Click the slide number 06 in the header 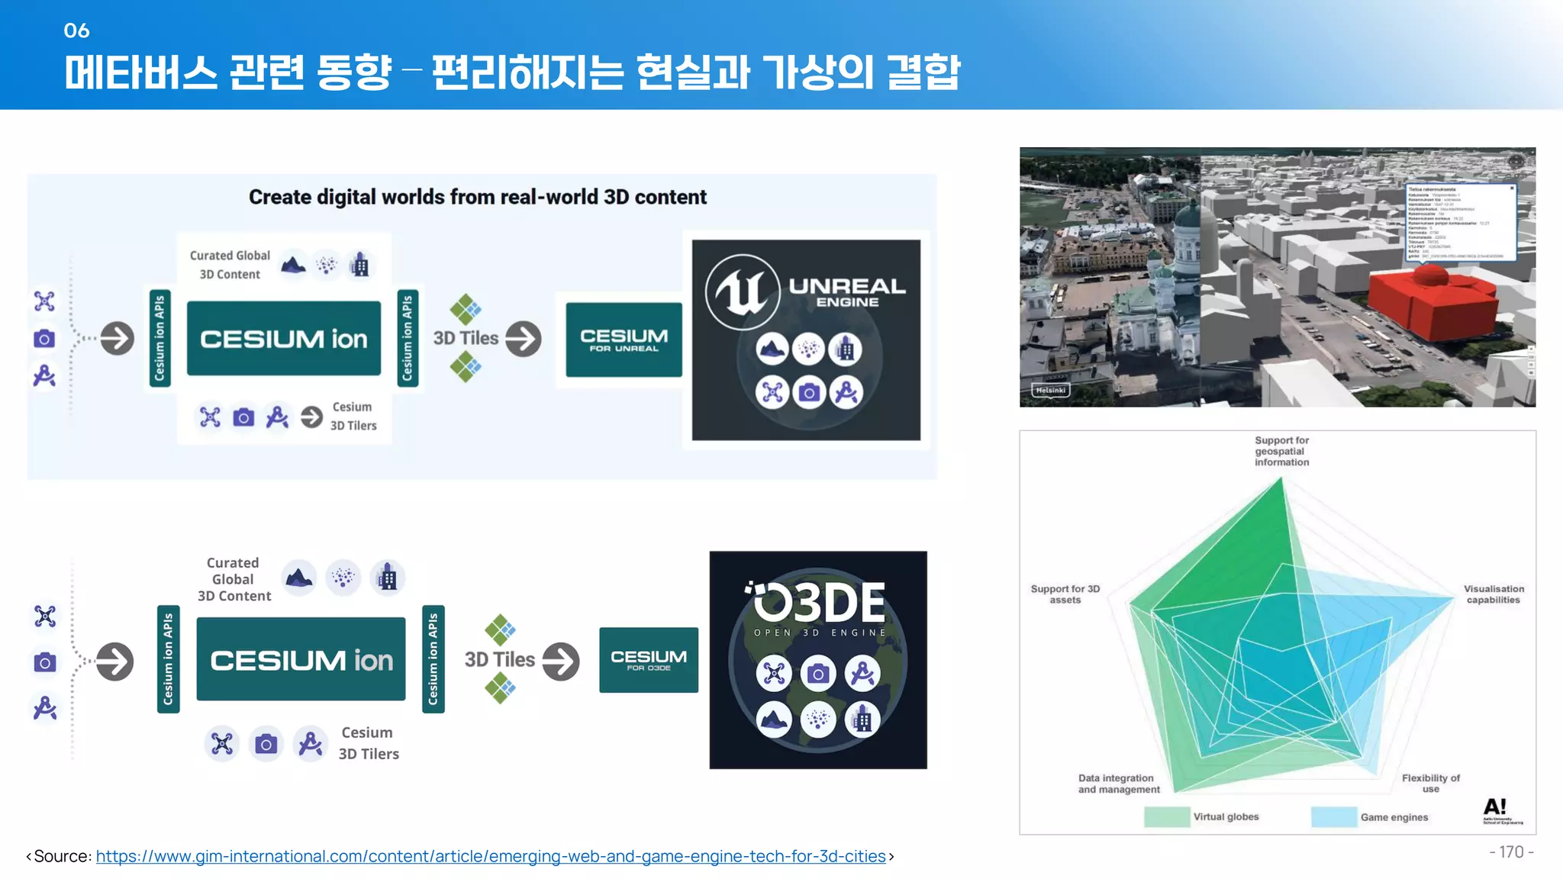click(x=76, y=31)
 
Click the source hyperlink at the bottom click(x=490, y=856)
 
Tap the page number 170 click(x=1511, y=852)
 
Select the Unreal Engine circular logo click(x=742, y=292)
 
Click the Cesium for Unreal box click(x=624, y=340)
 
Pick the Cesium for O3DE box click(x=648, y=660)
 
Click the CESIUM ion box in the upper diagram click(x=283, y=338)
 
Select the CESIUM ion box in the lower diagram click(x=301, y=659)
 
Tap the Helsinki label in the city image click(x=1050, y=390)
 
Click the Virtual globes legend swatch click(x=1166, y=816)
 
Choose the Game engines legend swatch click(x=1333, y=816)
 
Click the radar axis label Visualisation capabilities click(x=1494, y=594)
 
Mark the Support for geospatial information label click(x=1281, y=451)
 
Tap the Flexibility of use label click(x=1430, y=783)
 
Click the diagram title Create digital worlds click(x=478, y=197)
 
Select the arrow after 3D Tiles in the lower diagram click(x=561, y=661)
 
